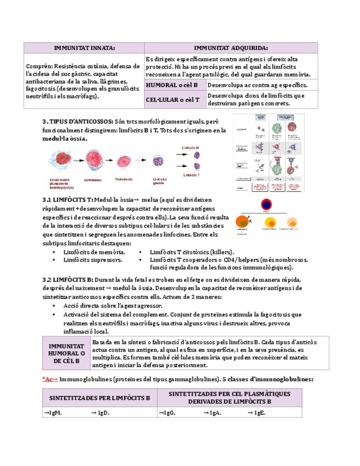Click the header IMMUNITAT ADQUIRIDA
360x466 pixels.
click(x=231, y=48)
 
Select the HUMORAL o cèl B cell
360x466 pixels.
click(x=175, y=85)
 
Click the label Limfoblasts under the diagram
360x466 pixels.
click(x=92, y=179)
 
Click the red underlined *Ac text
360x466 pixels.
click(x=49, y=379)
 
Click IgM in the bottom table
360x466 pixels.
click(x=53, y=413)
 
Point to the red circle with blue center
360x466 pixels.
click(x=266, y=206)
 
